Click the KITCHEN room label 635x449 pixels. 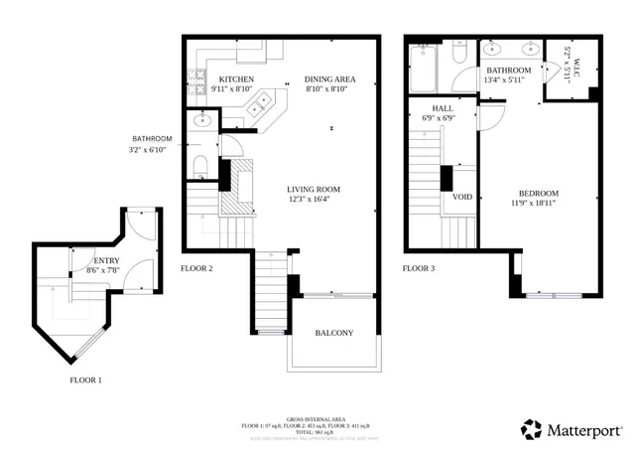tap(236, 79)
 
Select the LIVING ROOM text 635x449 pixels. tap(314, 189)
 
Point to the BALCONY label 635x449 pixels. tap(332, 333)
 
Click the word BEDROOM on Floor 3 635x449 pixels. tap(538, 193)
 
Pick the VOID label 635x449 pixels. tap(462, 197)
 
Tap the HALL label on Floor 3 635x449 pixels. tap(443, 107)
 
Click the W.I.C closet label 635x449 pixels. tap(568, 65)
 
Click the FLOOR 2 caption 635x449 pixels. tap(196, 268)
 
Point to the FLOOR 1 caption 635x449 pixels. tap(85, 379)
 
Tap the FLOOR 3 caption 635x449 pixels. tap(418, 268)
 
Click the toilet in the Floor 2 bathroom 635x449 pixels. tap(199, 165)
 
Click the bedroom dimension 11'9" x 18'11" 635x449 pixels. tap(538, 204)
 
